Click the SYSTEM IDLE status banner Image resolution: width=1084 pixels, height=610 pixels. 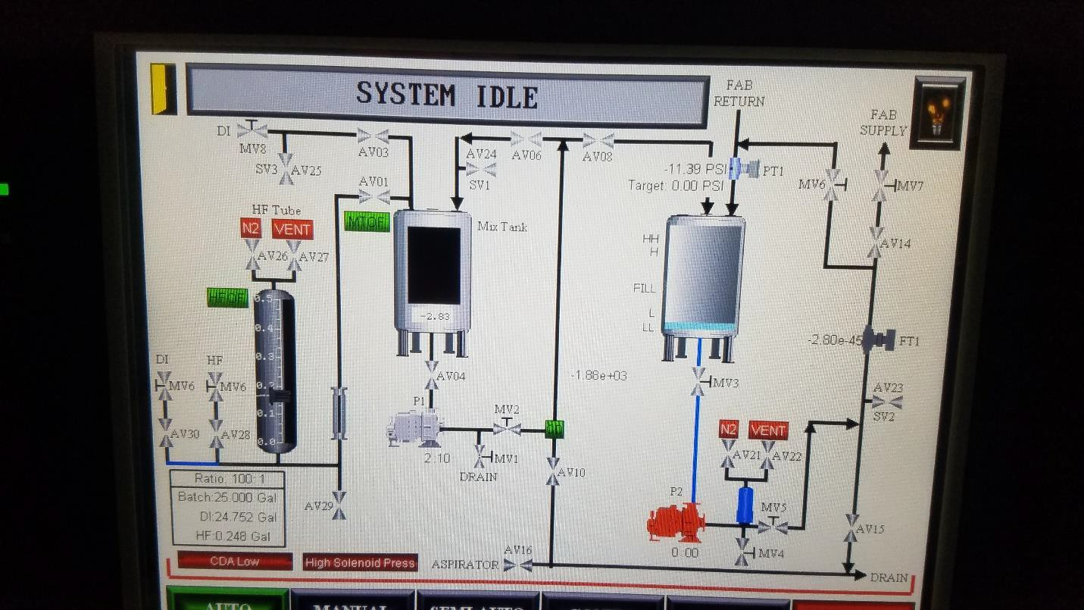tap(447, 96)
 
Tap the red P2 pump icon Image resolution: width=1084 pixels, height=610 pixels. tap(676, 522)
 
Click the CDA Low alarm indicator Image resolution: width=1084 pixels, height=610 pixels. tap(235, 562)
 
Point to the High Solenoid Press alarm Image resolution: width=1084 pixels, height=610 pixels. tap(360, 562)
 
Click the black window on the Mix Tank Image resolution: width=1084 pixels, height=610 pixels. tap(434, 264)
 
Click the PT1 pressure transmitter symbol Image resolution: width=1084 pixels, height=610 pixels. tap(745, 169)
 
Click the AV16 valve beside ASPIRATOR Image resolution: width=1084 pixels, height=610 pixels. tap(518, 565)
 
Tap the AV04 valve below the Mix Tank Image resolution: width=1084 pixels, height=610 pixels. tap(432, 374)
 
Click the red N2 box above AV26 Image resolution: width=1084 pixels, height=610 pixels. tap(251, 228)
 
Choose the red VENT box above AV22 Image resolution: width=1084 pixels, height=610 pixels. tap(768, 430)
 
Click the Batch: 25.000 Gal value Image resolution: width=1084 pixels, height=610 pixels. tap(227, 498)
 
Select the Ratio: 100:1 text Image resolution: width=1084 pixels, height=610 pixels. tap(227, 479)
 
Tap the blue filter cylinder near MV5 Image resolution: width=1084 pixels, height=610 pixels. tap(745, 505)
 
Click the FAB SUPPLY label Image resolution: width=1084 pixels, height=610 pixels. tap(883, 122)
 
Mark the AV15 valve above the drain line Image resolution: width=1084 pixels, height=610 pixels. tap(851, 528)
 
